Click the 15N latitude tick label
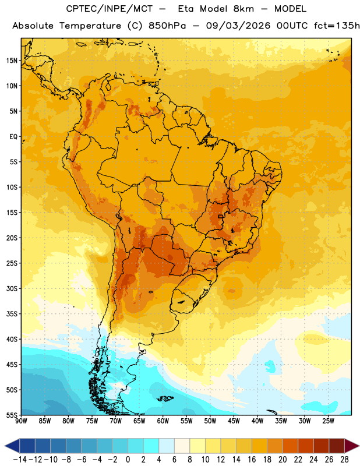click(12, 61)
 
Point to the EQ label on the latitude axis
click(13, 137)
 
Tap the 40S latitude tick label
click(12, 339)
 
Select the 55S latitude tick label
click(12, 415)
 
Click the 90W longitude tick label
click(22, 421)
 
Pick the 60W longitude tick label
click(163, 421)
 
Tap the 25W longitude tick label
click(328, 421)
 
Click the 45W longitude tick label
click(234, 421)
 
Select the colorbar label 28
click(344, 460)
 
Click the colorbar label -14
click(20, 460)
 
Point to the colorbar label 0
click(128, 460)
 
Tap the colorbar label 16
click(252, 460)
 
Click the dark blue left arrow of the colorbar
click(12, 446)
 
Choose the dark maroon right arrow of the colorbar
click(352, 446)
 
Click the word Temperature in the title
click(90, 26)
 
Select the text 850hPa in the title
click(167, 26)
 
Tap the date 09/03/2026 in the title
click(238, 26)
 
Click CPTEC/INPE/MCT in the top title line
click(110, 9)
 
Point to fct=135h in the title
click(337, 26)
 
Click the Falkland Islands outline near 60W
click(165, 398)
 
